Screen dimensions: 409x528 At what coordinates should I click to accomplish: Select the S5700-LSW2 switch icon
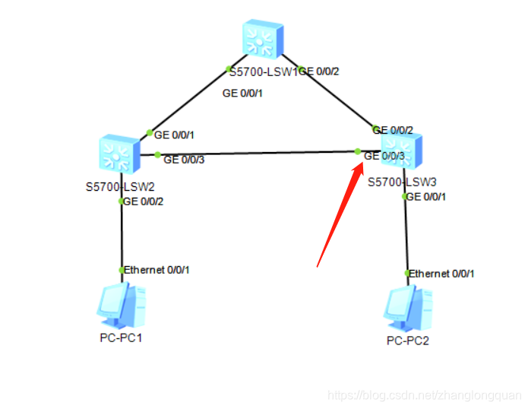119,154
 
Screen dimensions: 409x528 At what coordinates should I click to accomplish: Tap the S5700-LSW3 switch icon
400,148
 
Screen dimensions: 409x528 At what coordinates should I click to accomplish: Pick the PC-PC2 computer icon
407,307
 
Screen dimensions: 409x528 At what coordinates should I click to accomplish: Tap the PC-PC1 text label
121,338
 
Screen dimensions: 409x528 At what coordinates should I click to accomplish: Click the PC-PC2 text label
408,340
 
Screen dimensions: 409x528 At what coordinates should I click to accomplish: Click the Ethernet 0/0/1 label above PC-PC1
157,270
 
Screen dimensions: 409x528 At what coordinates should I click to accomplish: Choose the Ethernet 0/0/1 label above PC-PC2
442,273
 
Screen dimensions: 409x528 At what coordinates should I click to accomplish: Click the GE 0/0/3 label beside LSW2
184,160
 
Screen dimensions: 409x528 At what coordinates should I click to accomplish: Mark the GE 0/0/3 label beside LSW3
384,157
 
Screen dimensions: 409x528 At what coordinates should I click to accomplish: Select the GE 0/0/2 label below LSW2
144,201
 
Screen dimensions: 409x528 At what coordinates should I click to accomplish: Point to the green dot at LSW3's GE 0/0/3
358,151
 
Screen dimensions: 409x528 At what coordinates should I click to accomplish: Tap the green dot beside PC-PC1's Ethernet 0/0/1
121,270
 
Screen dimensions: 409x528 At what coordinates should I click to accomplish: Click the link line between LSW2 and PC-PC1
121,236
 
